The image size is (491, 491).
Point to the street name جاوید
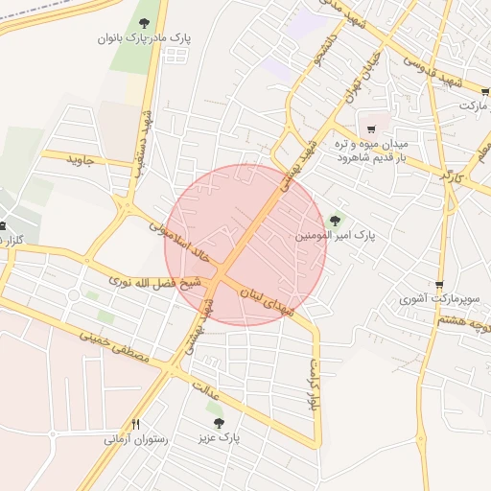(x=82, y=159)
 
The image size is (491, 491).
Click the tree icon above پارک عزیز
(x=219, y=421)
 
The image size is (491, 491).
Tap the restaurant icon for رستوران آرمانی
(x=136, y=424)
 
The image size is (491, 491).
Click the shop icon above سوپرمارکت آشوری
(x=440, y=285)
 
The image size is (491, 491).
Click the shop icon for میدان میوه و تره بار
(x=372, y=129)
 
